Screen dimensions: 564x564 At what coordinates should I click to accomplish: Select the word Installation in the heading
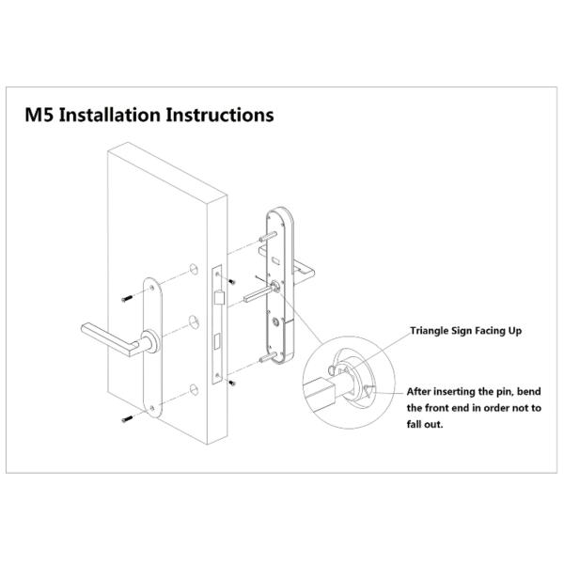click(x=110, y=115)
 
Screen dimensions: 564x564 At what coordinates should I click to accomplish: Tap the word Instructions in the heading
click(x=220, y=115)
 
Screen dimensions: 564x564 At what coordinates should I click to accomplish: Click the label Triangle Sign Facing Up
click(x=466, y=331)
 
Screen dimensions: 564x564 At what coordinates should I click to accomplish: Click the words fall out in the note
click(x=425, y=424)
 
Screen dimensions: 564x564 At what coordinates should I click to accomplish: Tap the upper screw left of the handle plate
click(x=127, y=298)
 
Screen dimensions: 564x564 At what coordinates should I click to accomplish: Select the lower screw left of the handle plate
click(x=127, y=418)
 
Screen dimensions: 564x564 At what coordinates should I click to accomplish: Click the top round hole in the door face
click(x=194, y=270)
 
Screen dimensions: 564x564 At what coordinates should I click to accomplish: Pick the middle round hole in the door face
click(x=194, y=322)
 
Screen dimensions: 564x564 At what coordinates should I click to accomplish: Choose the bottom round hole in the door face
click(x=194, y=390)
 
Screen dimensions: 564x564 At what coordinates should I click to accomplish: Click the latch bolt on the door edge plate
click(x=219, y=298)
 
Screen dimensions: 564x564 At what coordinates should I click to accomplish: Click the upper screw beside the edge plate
click(x=231, y=282)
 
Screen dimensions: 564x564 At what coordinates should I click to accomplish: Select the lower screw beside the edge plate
click(x=232, y=384)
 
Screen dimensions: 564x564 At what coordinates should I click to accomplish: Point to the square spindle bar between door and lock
click(x=258, y=294)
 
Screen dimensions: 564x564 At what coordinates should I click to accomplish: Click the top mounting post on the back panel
click(x=268, y=237)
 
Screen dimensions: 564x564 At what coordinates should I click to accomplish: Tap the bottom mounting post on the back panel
click(x=268, y=357)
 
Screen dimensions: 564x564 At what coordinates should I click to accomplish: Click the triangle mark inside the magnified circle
click(x=369, y=391)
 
